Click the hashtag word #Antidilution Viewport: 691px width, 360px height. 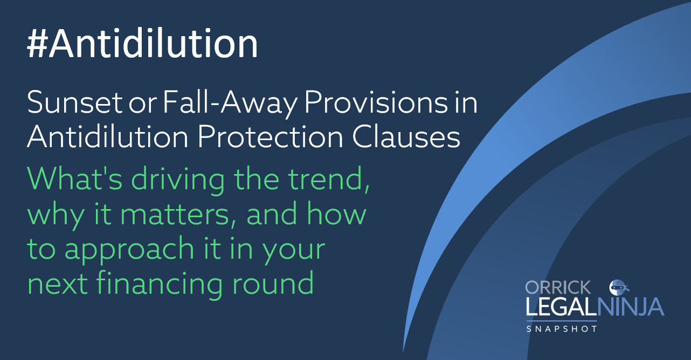(142, 43)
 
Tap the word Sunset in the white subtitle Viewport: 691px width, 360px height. (75, 102)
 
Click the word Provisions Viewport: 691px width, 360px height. (376, 102)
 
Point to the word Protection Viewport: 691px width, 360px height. (270, 137)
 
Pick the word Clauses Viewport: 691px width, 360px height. (406, 137)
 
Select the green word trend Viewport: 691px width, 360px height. (329, 179)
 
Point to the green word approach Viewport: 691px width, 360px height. (129, 250)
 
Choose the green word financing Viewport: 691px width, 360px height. (160, 283)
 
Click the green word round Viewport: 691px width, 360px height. (273, 282)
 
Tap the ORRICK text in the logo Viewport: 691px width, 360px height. (558, 288)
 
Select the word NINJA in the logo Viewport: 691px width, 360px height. (631, 307)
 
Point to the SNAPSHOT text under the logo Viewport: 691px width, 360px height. (562, 329)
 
